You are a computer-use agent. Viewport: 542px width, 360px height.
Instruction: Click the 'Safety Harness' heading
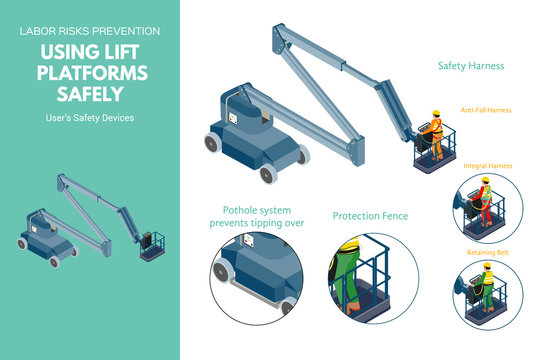[x=470, y=66]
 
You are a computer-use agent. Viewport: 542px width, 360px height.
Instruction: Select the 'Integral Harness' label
[x=488, y=165]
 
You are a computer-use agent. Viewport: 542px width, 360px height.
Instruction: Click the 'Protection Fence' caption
[x=370, y=216]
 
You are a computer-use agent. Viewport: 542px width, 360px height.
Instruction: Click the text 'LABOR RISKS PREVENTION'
[x=89, y=31]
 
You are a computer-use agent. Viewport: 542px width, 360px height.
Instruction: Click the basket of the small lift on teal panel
[x=152, y=246]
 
